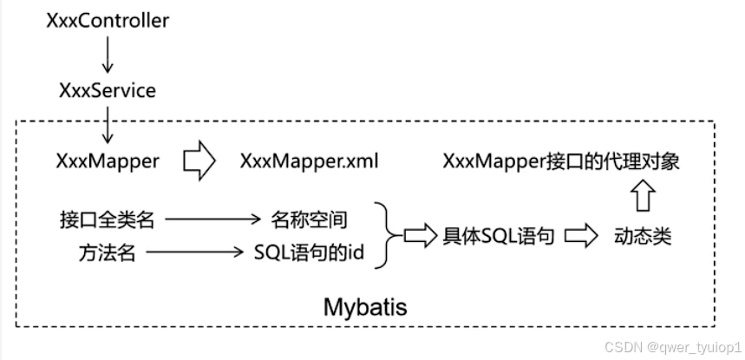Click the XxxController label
[x=108, y=20]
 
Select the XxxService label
[x=108, y=89]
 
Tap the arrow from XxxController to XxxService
[x=108, y=55]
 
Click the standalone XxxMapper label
[x=108, y=161]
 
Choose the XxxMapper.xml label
[x=310, y=161]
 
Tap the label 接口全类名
[x=108, y=219]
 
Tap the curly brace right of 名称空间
[x=389, y=235]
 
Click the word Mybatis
[x=365, y=307]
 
